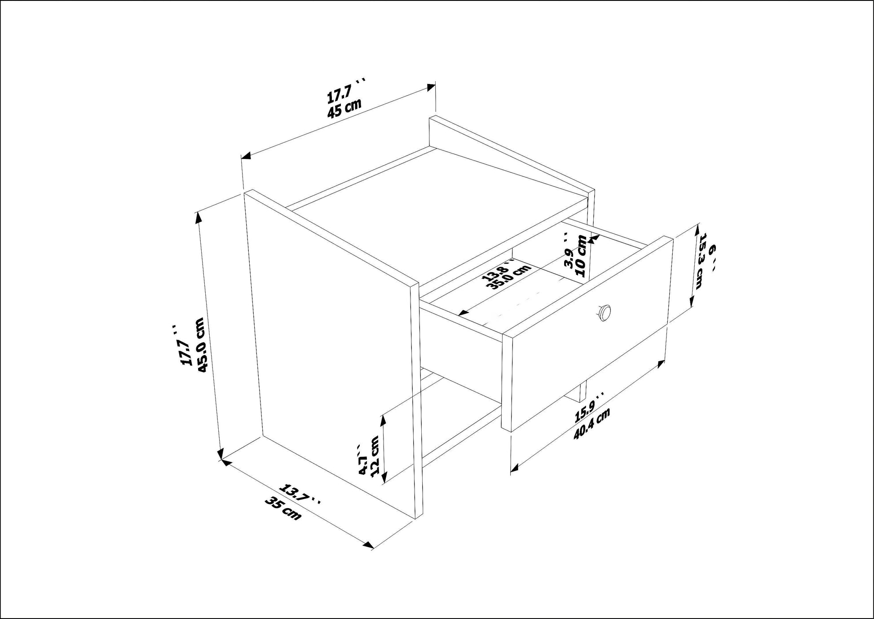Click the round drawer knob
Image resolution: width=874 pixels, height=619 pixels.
coord(605,312)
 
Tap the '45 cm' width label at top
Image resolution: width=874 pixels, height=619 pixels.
coord(344,108)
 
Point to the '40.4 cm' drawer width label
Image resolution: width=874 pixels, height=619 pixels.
coord(592,424)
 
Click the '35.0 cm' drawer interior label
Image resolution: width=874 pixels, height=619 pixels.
coord(512,277)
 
